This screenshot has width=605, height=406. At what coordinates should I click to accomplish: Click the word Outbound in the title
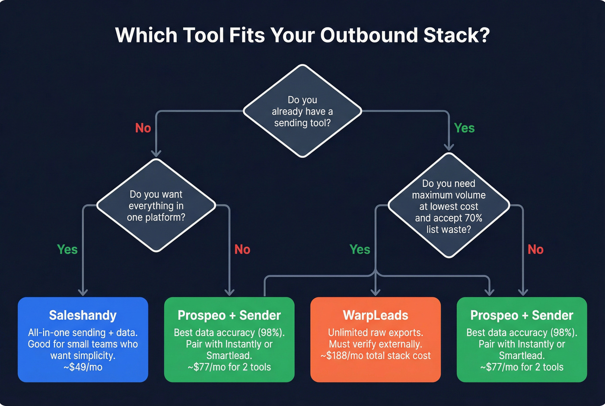[x=369, y=35]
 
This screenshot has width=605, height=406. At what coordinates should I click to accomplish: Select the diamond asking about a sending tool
[x=302, y=111]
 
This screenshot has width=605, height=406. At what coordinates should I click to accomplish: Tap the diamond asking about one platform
[x=156, y=205]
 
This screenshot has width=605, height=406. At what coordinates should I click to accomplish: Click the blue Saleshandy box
[x=83, y=339]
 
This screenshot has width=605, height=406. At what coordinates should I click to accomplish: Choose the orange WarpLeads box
[x=376, y=339]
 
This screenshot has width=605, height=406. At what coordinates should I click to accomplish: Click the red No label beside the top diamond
[x=143, y=128]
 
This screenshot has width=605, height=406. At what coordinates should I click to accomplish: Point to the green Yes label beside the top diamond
[x=464, y=128]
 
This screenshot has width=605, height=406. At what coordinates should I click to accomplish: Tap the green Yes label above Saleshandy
[x=67, y=249]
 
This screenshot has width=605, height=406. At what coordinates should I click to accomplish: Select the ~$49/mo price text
[x=83, y=367]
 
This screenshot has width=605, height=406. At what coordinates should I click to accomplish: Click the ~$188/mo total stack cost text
[x=376, y=356]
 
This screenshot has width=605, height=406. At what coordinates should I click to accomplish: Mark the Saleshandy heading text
[x=83, y=315]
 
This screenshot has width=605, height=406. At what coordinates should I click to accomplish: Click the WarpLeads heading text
[x=376, y=315]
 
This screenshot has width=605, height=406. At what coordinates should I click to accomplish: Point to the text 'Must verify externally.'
[x=376, y=344]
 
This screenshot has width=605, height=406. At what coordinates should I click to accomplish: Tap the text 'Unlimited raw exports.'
[x=376, y=332]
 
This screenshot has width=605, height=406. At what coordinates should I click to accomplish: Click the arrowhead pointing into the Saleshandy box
[x=83, y=293]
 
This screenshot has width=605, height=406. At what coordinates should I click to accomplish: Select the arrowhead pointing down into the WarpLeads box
[x=376, y=293]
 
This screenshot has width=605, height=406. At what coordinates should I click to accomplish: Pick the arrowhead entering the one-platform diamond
[x=156, y=153]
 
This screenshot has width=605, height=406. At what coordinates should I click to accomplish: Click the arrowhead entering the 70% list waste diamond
[x=449, y=147]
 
